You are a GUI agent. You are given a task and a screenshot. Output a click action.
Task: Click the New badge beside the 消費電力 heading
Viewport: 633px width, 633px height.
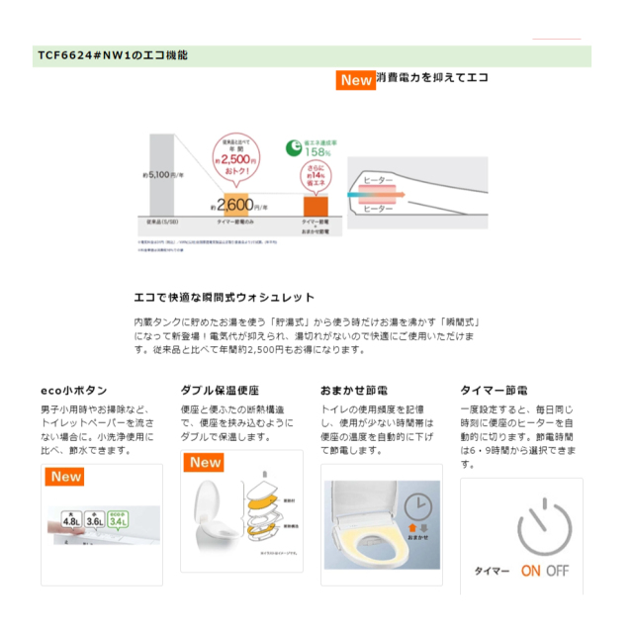coord(355,80)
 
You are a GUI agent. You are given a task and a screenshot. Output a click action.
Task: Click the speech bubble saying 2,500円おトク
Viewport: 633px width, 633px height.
coord(238,155)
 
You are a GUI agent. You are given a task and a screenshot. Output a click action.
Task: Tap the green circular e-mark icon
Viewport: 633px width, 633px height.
coord(294,148)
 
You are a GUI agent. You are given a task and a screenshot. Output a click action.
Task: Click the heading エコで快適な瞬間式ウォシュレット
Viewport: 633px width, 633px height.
coord(225,297)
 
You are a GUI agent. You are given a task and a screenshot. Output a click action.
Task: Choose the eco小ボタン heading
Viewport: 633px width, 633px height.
coord(74,391)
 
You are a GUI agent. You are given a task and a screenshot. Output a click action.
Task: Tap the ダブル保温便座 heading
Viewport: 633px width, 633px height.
coord(220,391)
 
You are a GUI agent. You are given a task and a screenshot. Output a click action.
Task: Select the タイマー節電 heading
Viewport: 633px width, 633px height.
coord(494,391)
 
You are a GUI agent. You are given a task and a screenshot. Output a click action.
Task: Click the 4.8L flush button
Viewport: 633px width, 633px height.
coord(71,519)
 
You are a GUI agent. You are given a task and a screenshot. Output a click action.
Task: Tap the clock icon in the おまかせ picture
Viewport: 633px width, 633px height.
coord(417,506)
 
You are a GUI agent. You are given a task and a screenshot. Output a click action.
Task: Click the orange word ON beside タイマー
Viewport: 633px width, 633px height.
coord(531,571)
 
